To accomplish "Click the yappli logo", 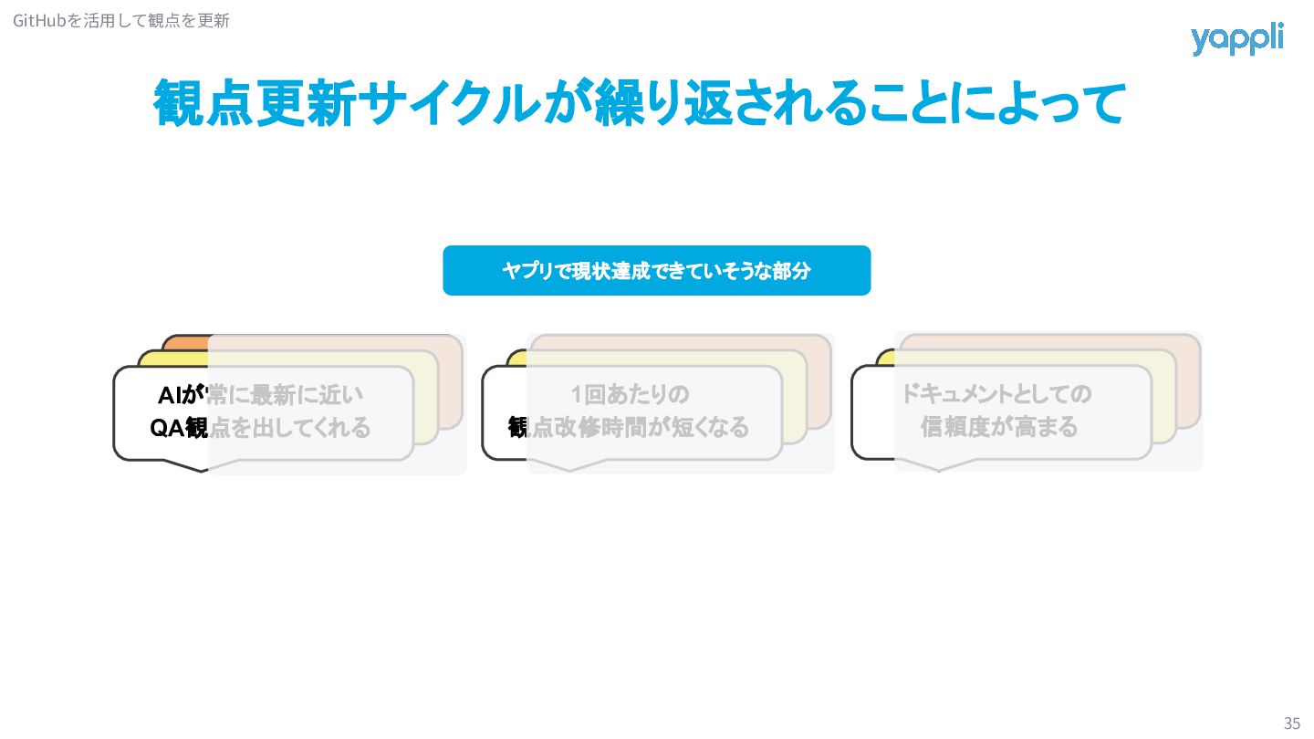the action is pyautogui.click(x=1236, y=39).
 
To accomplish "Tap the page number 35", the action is pyautogui.click(x=1291, y=723).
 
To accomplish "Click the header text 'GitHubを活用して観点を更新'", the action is pyautogui.click(x=121, y=20).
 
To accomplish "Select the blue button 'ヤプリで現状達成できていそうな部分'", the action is pyautogui.click(x=656, y=271).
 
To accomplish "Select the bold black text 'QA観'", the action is pyautogui.click(x=179, y=427).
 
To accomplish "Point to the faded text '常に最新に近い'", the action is pyautogui.click(x=287, y=395).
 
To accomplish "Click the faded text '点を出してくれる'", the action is pyautogui.click(x=290, y=427).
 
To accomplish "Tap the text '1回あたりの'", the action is pyautogui.click(x=630, y=395).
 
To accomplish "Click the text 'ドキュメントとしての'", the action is pyautogui.click(x=996, y=394).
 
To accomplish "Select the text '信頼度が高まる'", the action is pyautogui.click(x=999, y=426).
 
